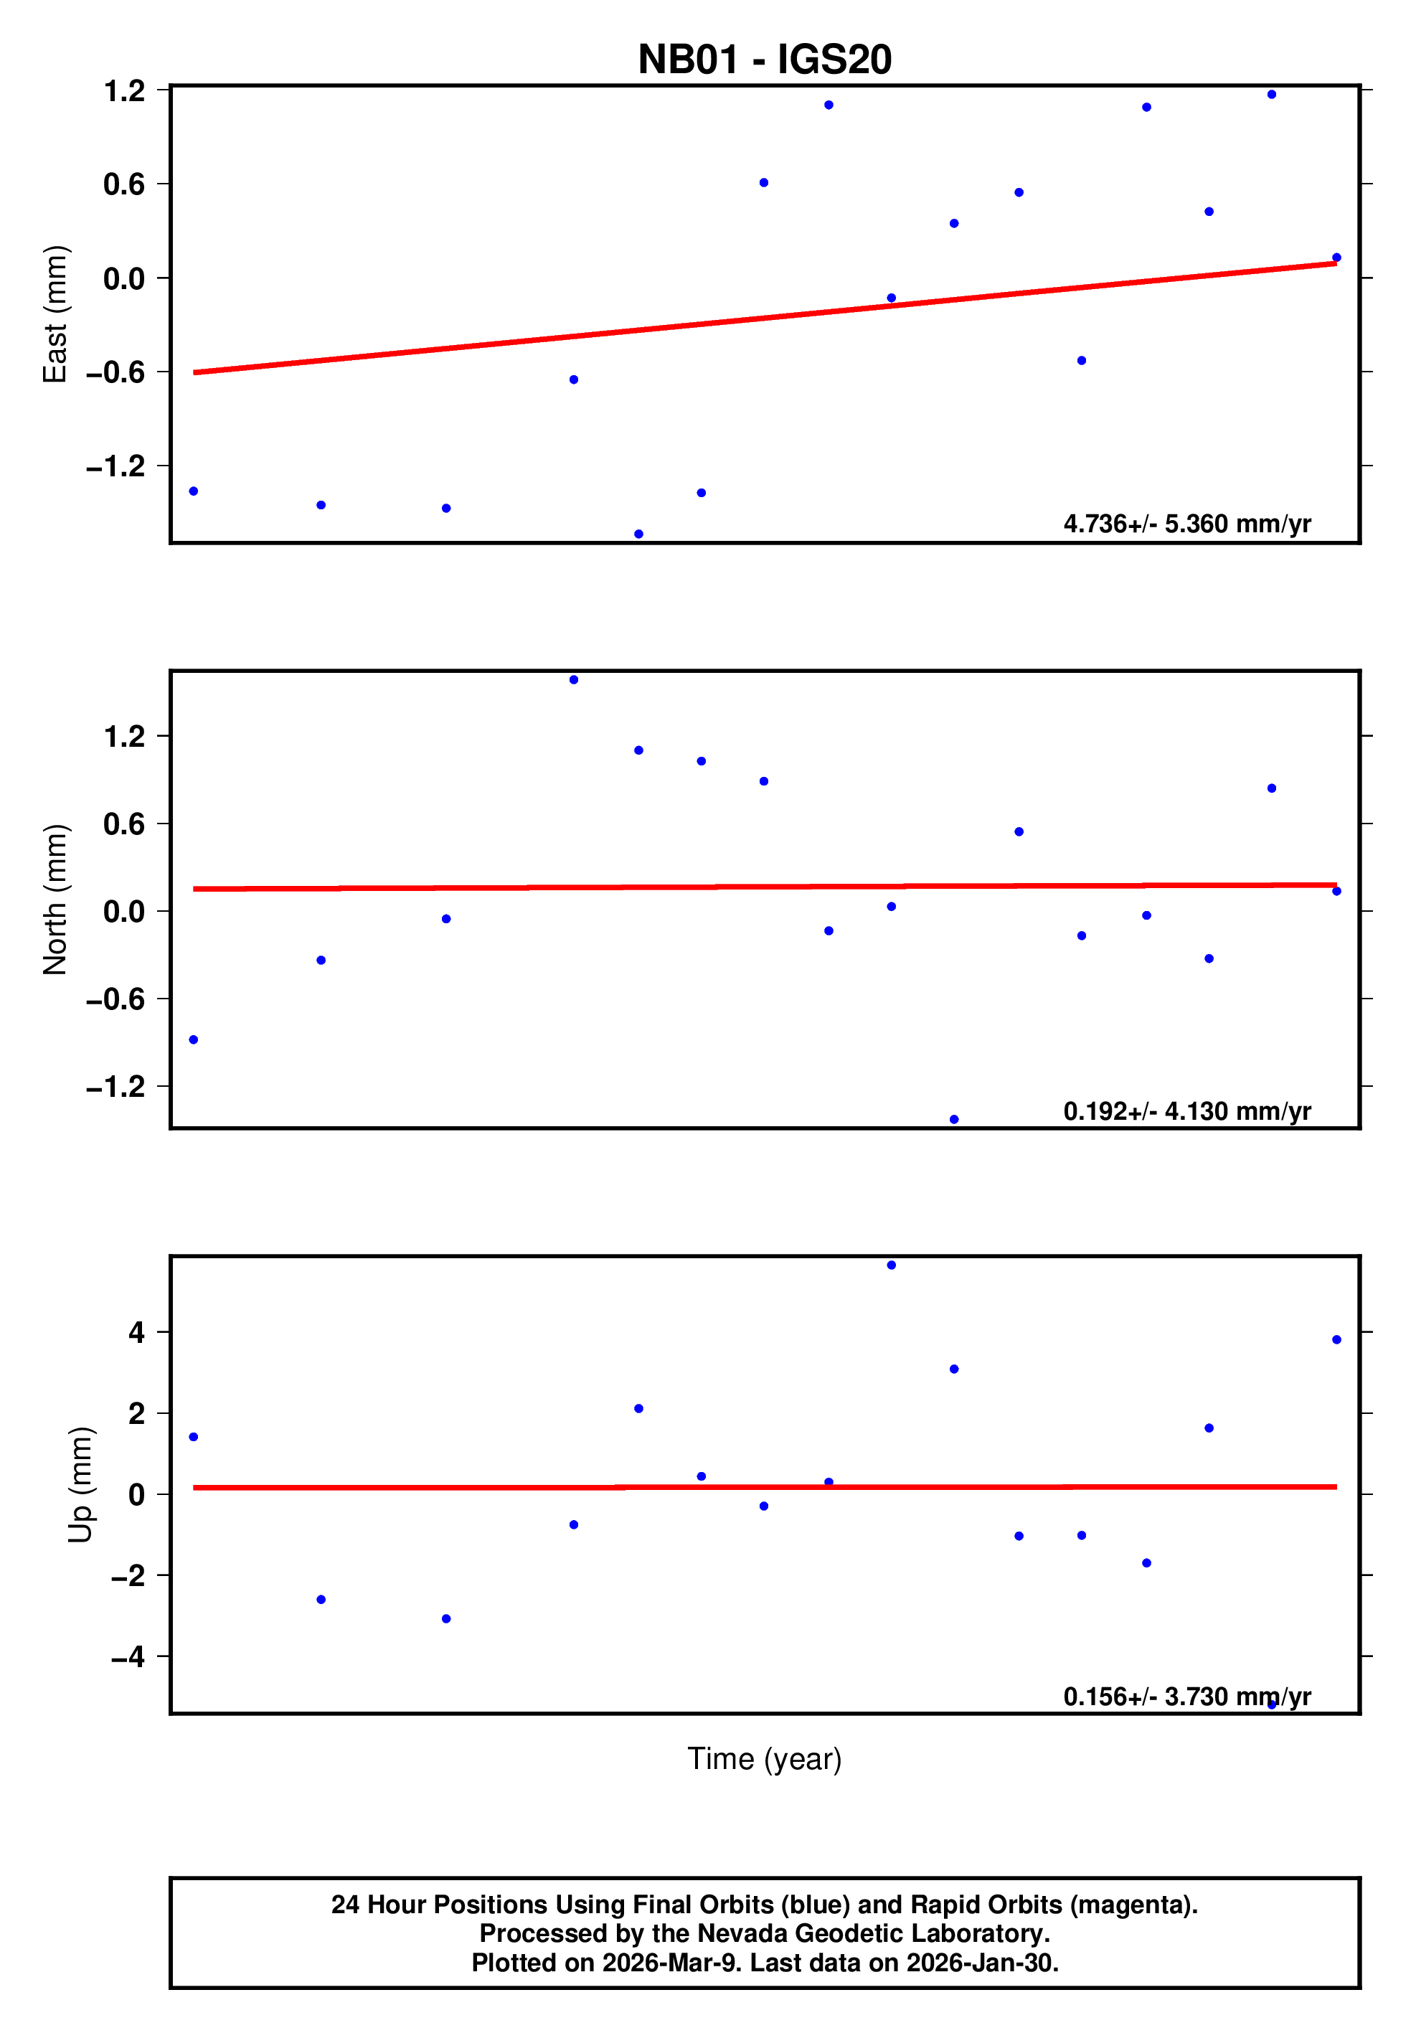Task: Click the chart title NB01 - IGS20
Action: (764, 60)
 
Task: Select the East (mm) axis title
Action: (55, 314)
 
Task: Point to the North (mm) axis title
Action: (55, 900)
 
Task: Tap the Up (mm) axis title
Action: (80, 1485)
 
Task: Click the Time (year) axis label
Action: (764, 1758)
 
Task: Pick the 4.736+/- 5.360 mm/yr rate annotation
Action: (1186, 524)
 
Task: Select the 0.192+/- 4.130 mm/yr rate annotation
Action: (1186, 1111)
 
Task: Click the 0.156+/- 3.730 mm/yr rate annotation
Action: (1186, 1697)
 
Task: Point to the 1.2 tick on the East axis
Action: (124, 90)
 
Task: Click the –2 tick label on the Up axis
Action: (128, 1575)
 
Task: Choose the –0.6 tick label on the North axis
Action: (115, 999)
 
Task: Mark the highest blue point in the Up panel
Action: (891, 1265)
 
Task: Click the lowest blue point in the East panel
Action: (638, 534)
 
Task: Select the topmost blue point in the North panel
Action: (574, 680)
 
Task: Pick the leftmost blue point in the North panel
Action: (193, 1039)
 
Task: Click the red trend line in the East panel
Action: (764, 318)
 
